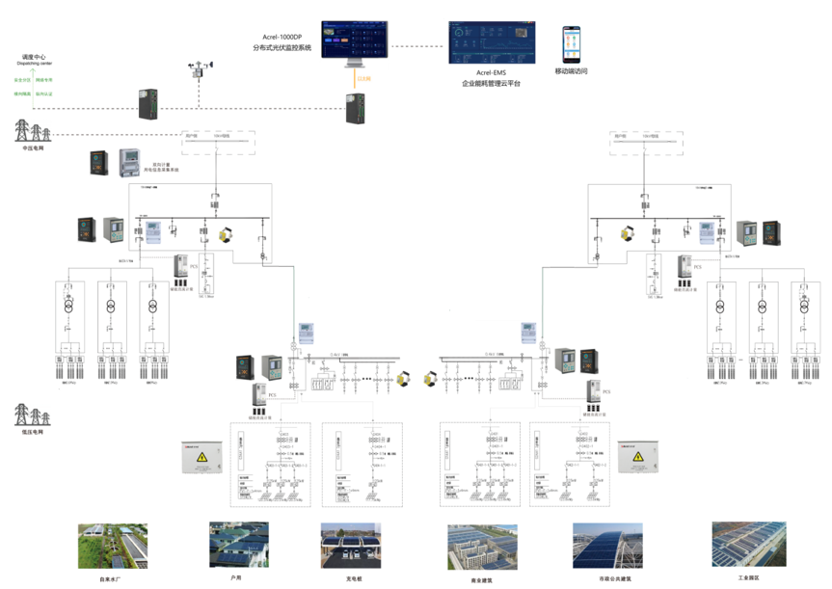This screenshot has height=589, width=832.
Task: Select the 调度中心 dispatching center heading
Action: pos(33,58)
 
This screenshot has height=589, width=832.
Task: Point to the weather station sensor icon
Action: pos(200,71)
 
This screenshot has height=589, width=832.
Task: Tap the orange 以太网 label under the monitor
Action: pos(362,77)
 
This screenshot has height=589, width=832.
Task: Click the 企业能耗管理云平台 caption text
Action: pos(491,84)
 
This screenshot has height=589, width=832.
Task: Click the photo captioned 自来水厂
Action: pos(113,546)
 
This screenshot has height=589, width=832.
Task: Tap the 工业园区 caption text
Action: pos(748,577)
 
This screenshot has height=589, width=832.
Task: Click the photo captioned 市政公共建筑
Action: pos(607,547)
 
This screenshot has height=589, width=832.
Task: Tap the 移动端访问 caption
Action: pos(571,71)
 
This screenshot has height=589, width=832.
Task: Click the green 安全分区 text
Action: pos(20,79)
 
